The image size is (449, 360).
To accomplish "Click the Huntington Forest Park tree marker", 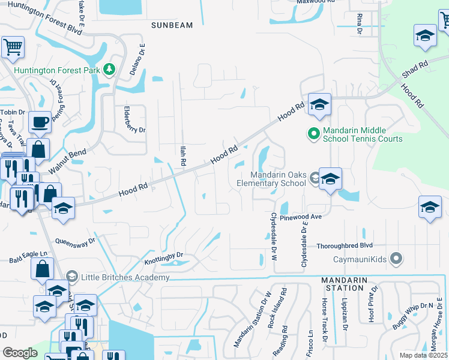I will click(x=109, y=70).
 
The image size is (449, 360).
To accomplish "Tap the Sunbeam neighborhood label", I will click(x=172, y=25).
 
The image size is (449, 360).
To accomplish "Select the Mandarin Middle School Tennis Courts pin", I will click(x=313, y=133).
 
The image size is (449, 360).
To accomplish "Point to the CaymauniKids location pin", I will click(x=395, y=259).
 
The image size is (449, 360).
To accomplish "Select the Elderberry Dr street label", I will click(x=125, y=129).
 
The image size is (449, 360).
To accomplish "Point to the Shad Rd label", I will click(x=415, y=70).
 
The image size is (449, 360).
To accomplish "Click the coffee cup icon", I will click(x=40, y=122).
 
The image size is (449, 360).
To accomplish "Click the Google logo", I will click(x=19, y=353).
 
